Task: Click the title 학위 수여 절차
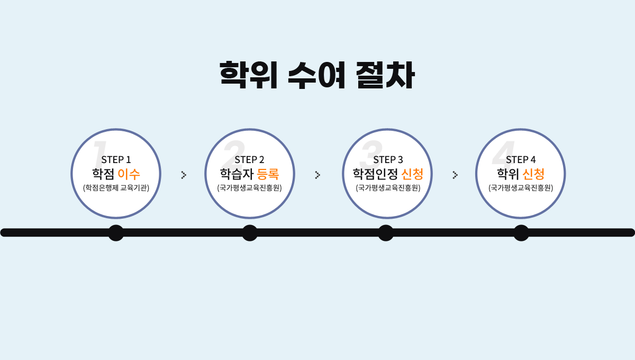[x=317, y=76]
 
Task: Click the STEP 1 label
[x=116, y=159]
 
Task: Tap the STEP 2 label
[x=249, y=159]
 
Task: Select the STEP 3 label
[x=388, y=159]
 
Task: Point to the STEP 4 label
[x=521, y=159]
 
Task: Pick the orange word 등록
[x=268, y=174]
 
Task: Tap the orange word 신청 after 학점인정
[x=412, y=174]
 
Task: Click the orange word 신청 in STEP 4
[x=533, y=174]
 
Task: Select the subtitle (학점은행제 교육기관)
[x=116, y=187]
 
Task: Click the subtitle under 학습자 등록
[x=249, y=187]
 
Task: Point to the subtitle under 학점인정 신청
[x=388, y=187]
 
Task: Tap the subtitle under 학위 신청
[x=521, y=187]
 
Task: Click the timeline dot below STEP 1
[x=116, y=232]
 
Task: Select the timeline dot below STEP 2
[x=250, y=232]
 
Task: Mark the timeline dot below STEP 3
[x=386, y=232]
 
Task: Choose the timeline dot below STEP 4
[x=521, y=232]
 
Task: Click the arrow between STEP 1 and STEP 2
[x=184, y=175]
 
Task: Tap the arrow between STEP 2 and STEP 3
[x=317, y=175]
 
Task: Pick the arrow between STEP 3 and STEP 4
[x=455, y=175]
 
